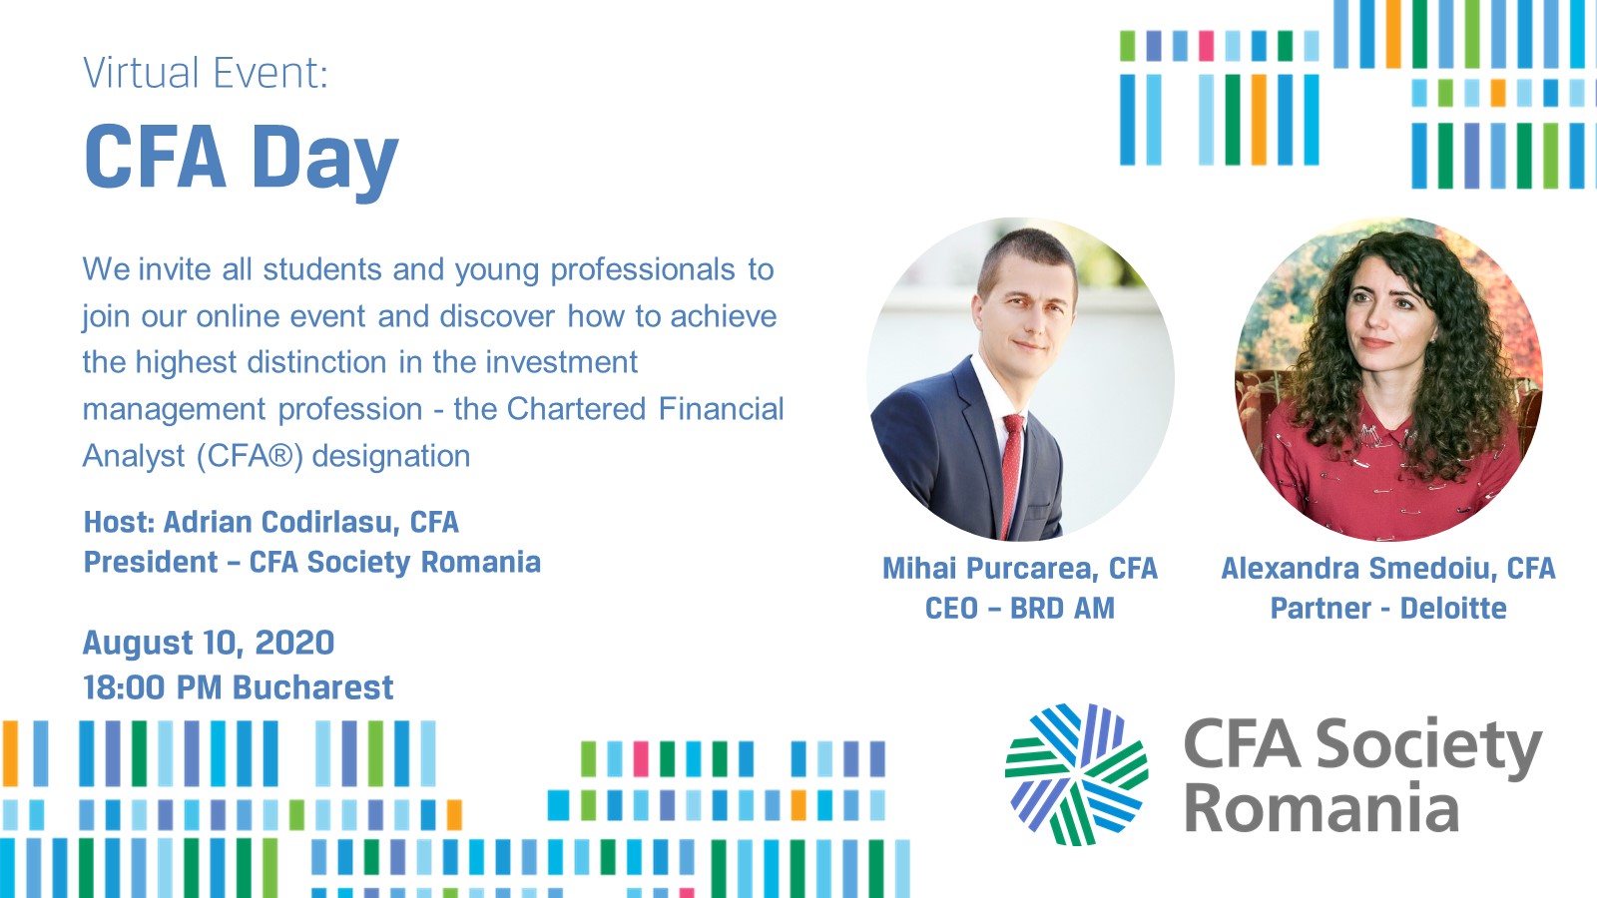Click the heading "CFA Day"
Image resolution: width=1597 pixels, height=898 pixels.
pos(241,160)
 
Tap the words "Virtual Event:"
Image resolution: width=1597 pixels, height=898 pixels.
pos(206,73)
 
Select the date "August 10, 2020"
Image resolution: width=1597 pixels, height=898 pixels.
pos(209,643)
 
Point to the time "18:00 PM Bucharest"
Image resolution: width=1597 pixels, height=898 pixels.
pos(239,687)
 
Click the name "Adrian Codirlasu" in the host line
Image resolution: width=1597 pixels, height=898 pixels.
pos(277,523)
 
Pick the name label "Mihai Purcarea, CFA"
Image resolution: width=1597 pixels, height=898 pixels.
pos(1019,569)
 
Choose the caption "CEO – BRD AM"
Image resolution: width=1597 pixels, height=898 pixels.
pos(1019,609)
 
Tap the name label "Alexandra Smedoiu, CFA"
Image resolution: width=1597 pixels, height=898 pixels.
pos(1388,569)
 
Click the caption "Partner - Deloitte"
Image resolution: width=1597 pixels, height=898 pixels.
pos(1388,609)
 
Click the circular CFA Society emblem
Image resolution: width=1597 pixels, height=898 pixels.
pos(1077,774)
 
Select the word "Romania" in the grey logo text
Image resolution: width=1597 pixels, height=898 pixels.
pos(1322,808)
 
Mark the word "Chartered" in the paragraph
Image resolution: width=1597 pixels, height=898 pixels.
pos(576,409)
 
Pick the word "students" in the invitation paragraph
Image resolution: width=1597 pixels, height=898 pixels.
pos(322,269)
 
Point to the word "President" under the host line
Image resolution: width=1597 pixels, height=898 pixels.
pos(151,563)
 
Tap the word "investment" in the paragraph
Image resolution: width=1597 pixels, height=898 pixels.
pos(562,362)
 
